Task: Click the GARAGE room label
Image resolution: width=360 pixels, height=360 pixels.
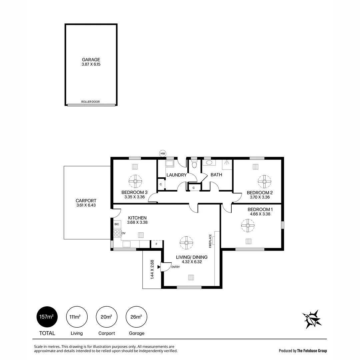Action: click(x=91, y=60)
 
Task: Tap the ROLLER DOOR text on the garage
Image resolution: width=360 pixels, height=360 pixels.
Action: click(x=90, y=102)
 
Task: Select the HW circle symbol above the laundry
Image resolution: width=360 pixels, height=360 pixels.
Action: click(x=163, y=153)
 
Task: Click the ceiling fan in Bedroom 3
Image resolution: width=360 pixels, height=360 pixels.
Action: click(x=136, y=181)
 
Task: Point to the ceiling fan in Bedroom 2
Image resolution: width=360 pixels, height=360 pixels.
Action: click(x=264, y=181)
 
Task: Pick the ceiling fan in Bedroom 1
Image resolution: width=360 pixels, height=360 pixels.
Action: click(x=248, y=225)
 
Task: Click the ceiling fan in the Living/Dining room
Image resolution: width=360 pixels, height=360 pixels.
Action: click(x=186, y=243)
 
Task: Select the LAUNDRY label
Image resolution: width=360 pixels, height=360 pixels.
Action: click(x=176, y=175)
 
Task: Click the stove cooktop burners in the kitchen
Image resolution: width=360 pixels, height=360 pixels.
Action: click(x=117, y=233)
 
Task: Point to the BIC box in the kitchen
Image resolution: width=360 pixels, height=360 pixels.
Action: click(x=117, y=224)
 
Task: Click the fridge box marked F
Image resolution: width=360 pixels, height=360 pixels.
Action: click(x=156, y=244)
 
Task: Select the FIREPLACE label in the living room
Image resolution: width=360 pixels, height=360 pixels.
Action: click(x=210, y=241)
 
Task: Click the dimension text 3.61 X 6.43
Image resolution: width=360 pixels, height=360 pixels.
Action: click(x=86, y=205)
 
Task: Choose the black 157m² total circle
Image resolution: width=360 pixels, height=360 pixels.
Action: click(x=47, y=317)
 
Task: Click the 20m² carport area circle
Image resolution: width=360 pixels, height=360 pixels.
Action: click(x=106, y=317)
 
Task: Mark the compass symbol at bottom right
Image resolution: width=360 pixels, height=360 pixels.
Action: click(x=312, y=319)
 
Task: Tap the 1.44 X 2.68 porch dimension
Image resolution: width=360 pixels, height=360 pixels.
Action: click(x=152, y=269)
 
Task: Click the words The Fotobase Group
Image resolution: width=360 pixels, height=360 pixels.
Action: click(x=312, y=351)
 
